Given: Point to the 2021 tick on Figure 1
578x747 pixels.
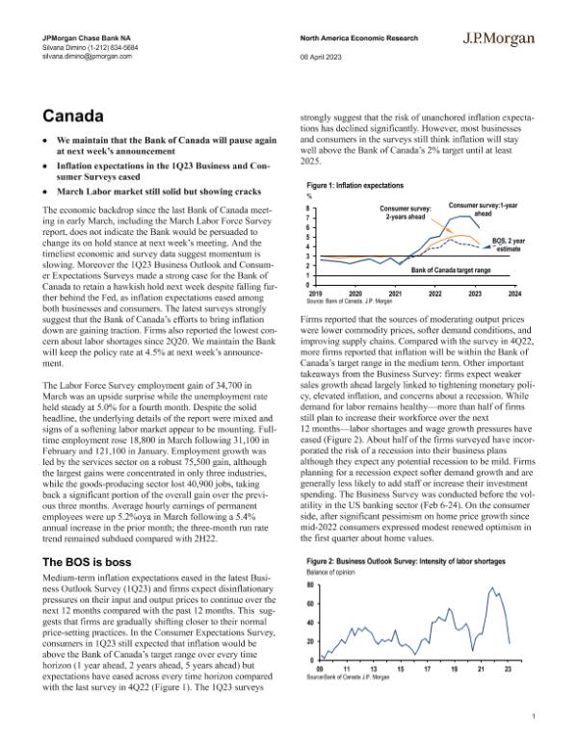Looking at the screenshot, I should coord(395,293).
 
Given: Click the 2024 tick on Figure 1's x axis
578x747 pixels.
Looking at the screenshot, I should coord(515,293).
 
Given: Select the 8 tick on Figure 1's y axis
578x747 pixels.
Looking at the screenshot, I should coord(308,208).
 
